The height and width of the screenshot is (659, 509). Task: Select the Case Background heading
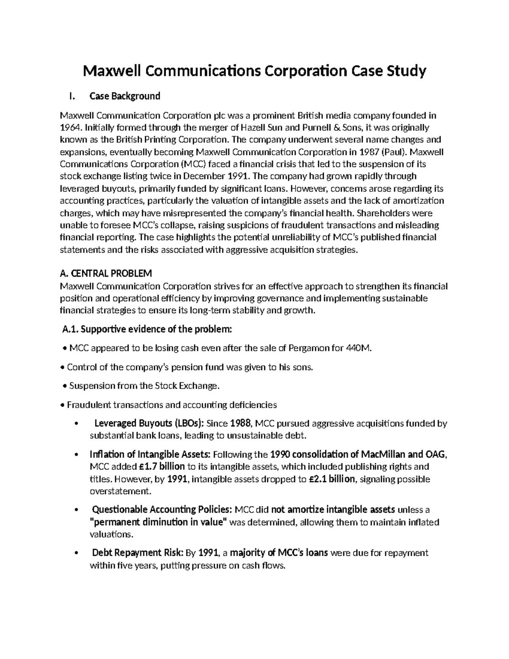(x=125, y=96)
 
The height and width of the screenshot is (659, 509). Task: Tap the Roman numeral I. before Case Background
(x=72, y=96)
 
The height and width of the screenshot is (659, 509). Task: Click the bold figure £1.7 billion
(x=162, y=467)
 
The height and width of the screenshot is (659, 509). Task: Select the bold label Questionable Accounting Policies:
(x=162, y=510)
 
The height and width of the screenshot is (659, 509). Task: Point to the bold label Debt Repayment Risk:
(x=137, y=553)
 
